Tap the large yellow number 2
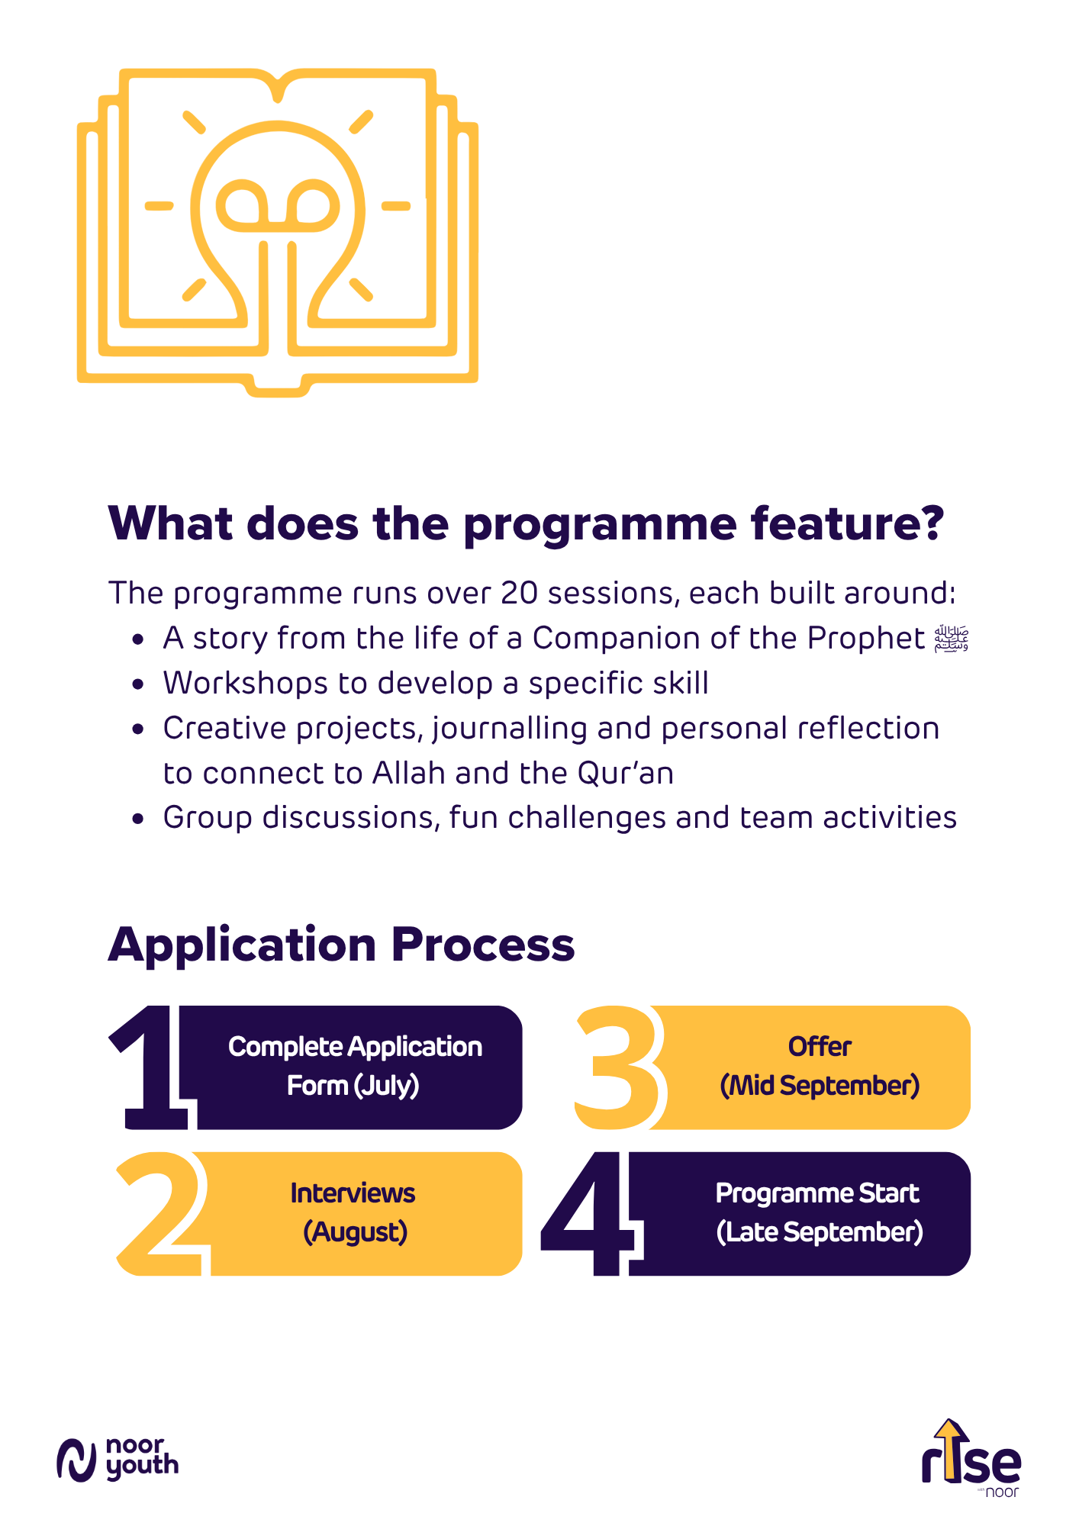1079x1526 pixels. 162,1213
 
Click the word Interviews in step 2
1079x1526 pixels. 353,1193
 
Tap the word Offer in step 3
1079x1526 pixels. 820,1047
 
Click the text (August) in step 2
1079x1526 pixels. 356,1232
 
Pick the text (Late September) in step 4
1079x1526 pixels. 820,1232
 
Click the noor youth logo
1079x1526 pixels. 118,1460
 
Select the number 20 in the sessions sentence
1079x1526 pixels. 519,594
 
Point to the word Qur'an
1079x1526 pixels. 626,774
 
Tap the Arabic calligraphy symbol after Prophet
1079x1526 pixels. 952,639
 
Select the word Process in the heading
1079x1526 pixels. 482,946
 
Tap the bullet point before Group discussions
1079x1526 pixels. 137,819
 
